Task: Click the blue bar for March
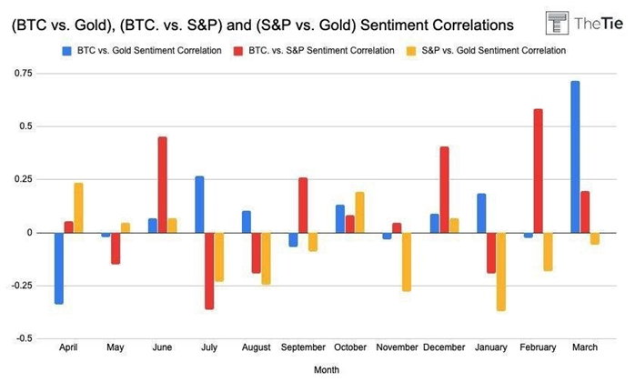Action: tap(575, 156)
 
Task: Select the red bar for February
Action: tap(539, 171)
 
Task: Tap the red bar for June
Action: tap(162, 185)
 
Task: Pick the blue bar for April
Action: tap(59, 268)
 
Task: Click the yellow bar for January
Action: tap(501, 272)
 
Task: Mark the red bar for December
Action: tap(444, 190)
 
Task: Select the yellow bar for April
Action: tap(78, 208)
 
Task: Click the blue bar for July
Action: tap(199, 205)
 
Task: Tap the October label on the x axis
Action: tap(350, 347)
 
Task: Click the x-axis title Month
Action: tap(327, 371)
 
